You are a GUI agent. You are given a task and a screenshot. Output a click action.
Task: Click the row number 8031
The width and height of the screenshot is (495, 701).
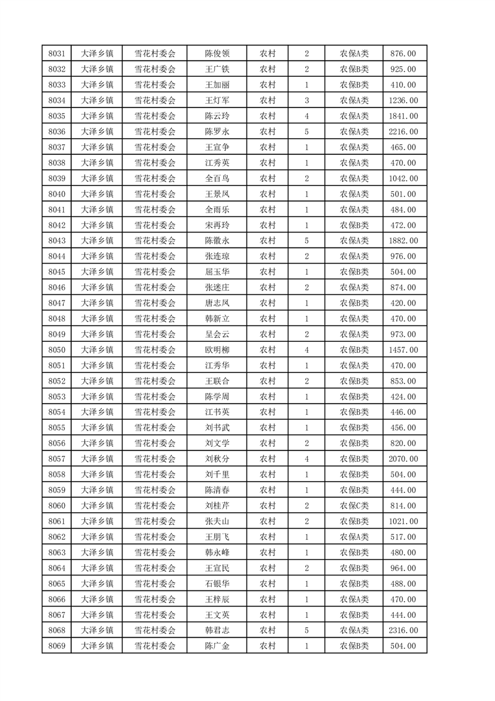pyautogui.click(x=56, y=54)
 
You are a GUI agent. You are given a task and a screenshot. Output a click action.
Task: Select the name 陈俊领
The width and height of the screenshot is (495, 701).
pyautogui.click(x=217, y=54)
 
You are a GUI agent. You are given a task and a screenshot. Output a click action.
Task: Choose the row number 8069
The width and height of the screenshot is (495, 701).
pyautogui.click(x=56, y=646)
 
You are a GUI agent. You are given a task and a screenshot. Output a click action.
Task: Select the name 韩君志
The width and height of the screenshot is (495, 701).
pyautogui.click(x=217, y=630)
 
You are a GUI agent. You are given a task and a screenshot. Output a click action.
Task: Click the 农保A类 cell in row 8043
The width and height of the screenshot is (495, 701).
pyautogui.click(x=354, y=241)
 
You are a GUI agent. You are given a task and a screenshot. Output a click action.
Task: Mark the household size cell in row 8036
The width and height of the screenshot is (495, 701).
pyautogui.click(x=306, y=132)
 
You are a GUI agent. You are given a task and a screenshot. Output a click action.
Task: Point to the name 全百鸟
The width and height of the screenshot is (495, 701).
pyautogui.click(x=217, y=179)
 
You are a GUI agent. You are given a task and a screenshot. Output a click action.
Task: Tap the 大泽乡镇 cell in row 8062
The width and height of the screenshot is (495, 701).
pyautogui.click(x=97, y=537)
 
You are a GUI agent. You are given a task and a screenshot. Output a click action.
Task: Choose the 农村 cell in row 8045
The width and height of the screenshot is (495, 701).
pyautogui.click(x=267, y=272)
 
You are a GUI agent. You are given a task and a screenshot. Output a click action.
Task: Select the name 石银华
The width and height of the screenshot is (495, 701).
pyautogui.click(x=217, y=584)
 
